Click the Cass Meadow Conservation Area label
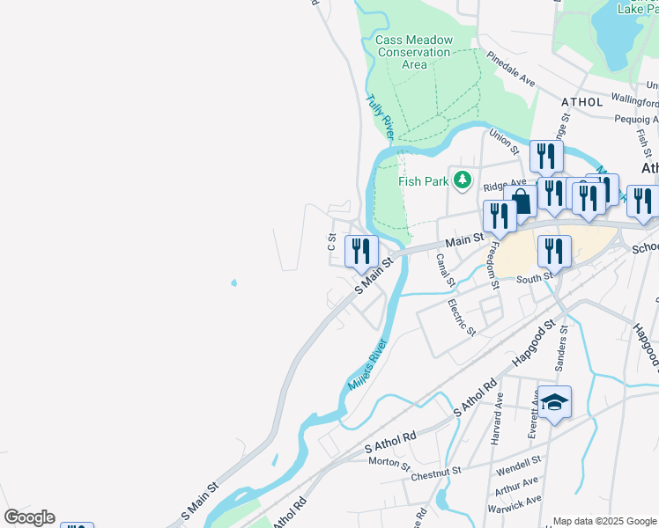413,52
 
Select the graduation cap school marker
555,403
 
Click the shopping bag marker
521,201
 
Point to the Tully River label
381,115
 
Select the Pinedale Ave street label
512,71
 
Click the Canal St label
446,270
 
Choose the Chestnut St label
435,474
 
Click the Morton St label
389,461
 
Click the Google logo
29,517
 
